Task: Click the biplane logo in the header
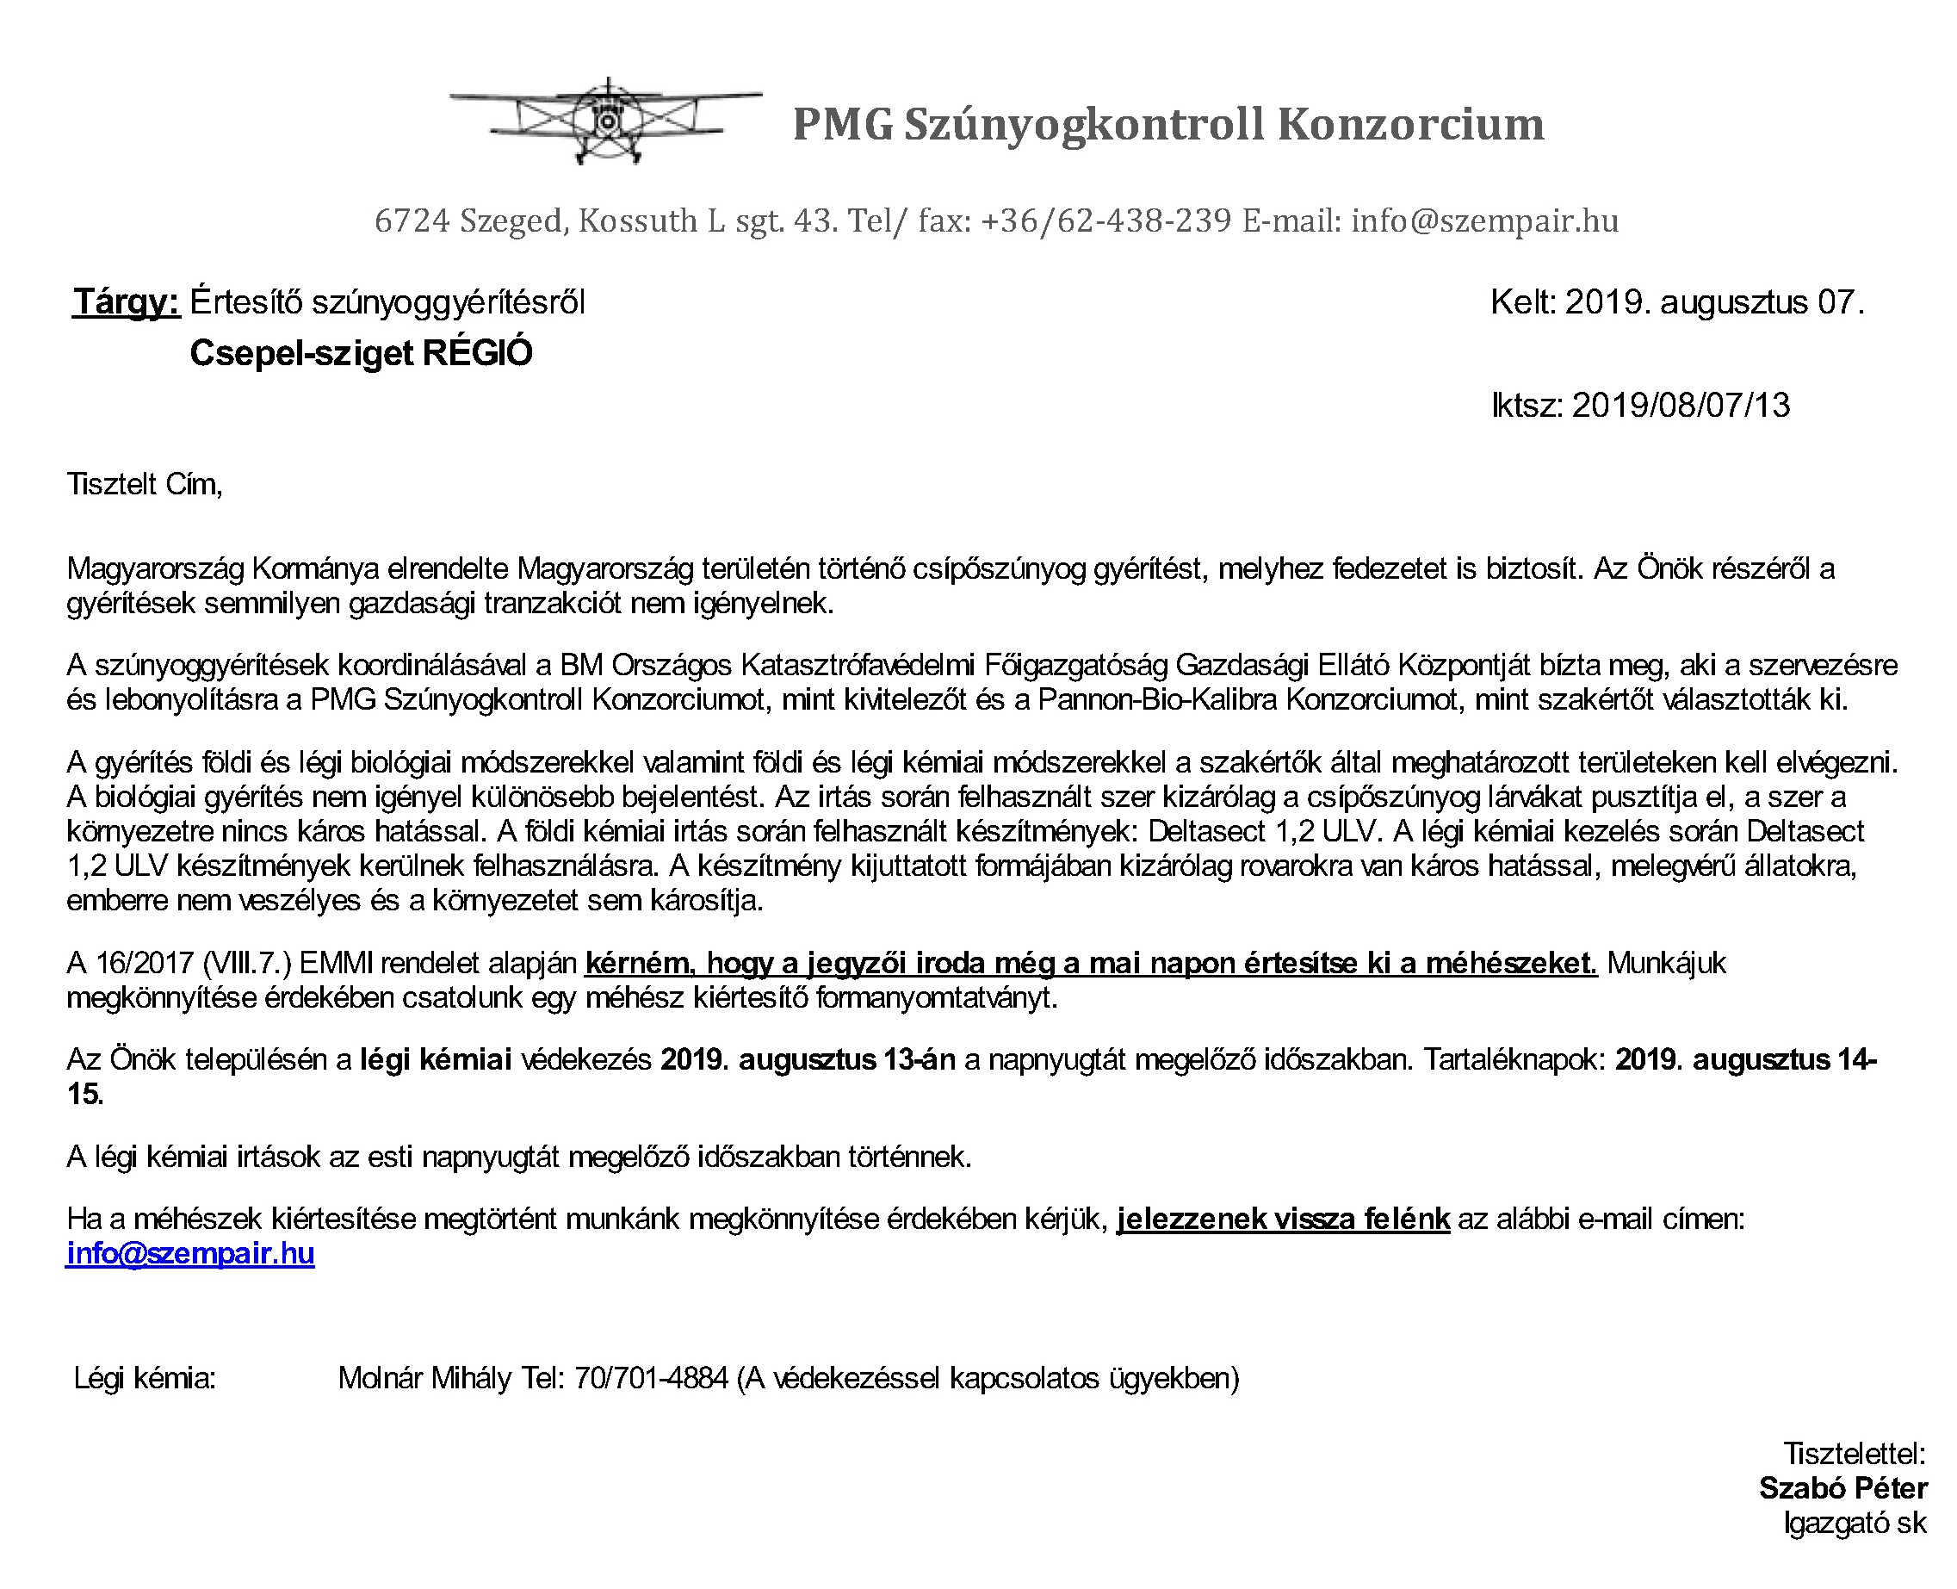pos(605,121)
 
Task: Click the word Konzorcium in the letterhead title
pos(1410,125)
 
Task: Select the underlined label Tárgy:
pos(127,302)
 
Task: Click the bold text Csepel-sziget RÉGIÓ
pos(361,353)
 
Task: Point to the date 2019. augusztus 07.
pos(1713,302)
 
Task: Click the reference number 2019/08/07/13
pos(1680,406)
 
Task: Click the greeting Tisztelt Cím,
pos(145,484)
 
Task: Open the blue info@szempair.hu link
pos(190,1253)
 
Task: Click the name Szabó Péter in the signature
pos(1842,1488)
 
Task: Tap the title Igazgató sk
pos(1855,1523)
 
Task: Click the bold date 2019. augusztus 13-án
pos(808,1060)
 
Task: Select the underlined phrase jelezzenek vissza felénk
pos(1283,1220)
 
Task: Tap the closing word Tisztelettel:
pos(1855,1454)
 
